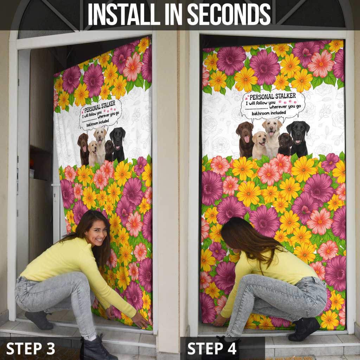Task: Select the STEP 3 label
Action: click(31, 348)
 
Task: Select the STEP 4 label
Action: click(212, 348)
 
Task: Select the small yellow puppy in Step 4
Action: click(259, 144)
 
